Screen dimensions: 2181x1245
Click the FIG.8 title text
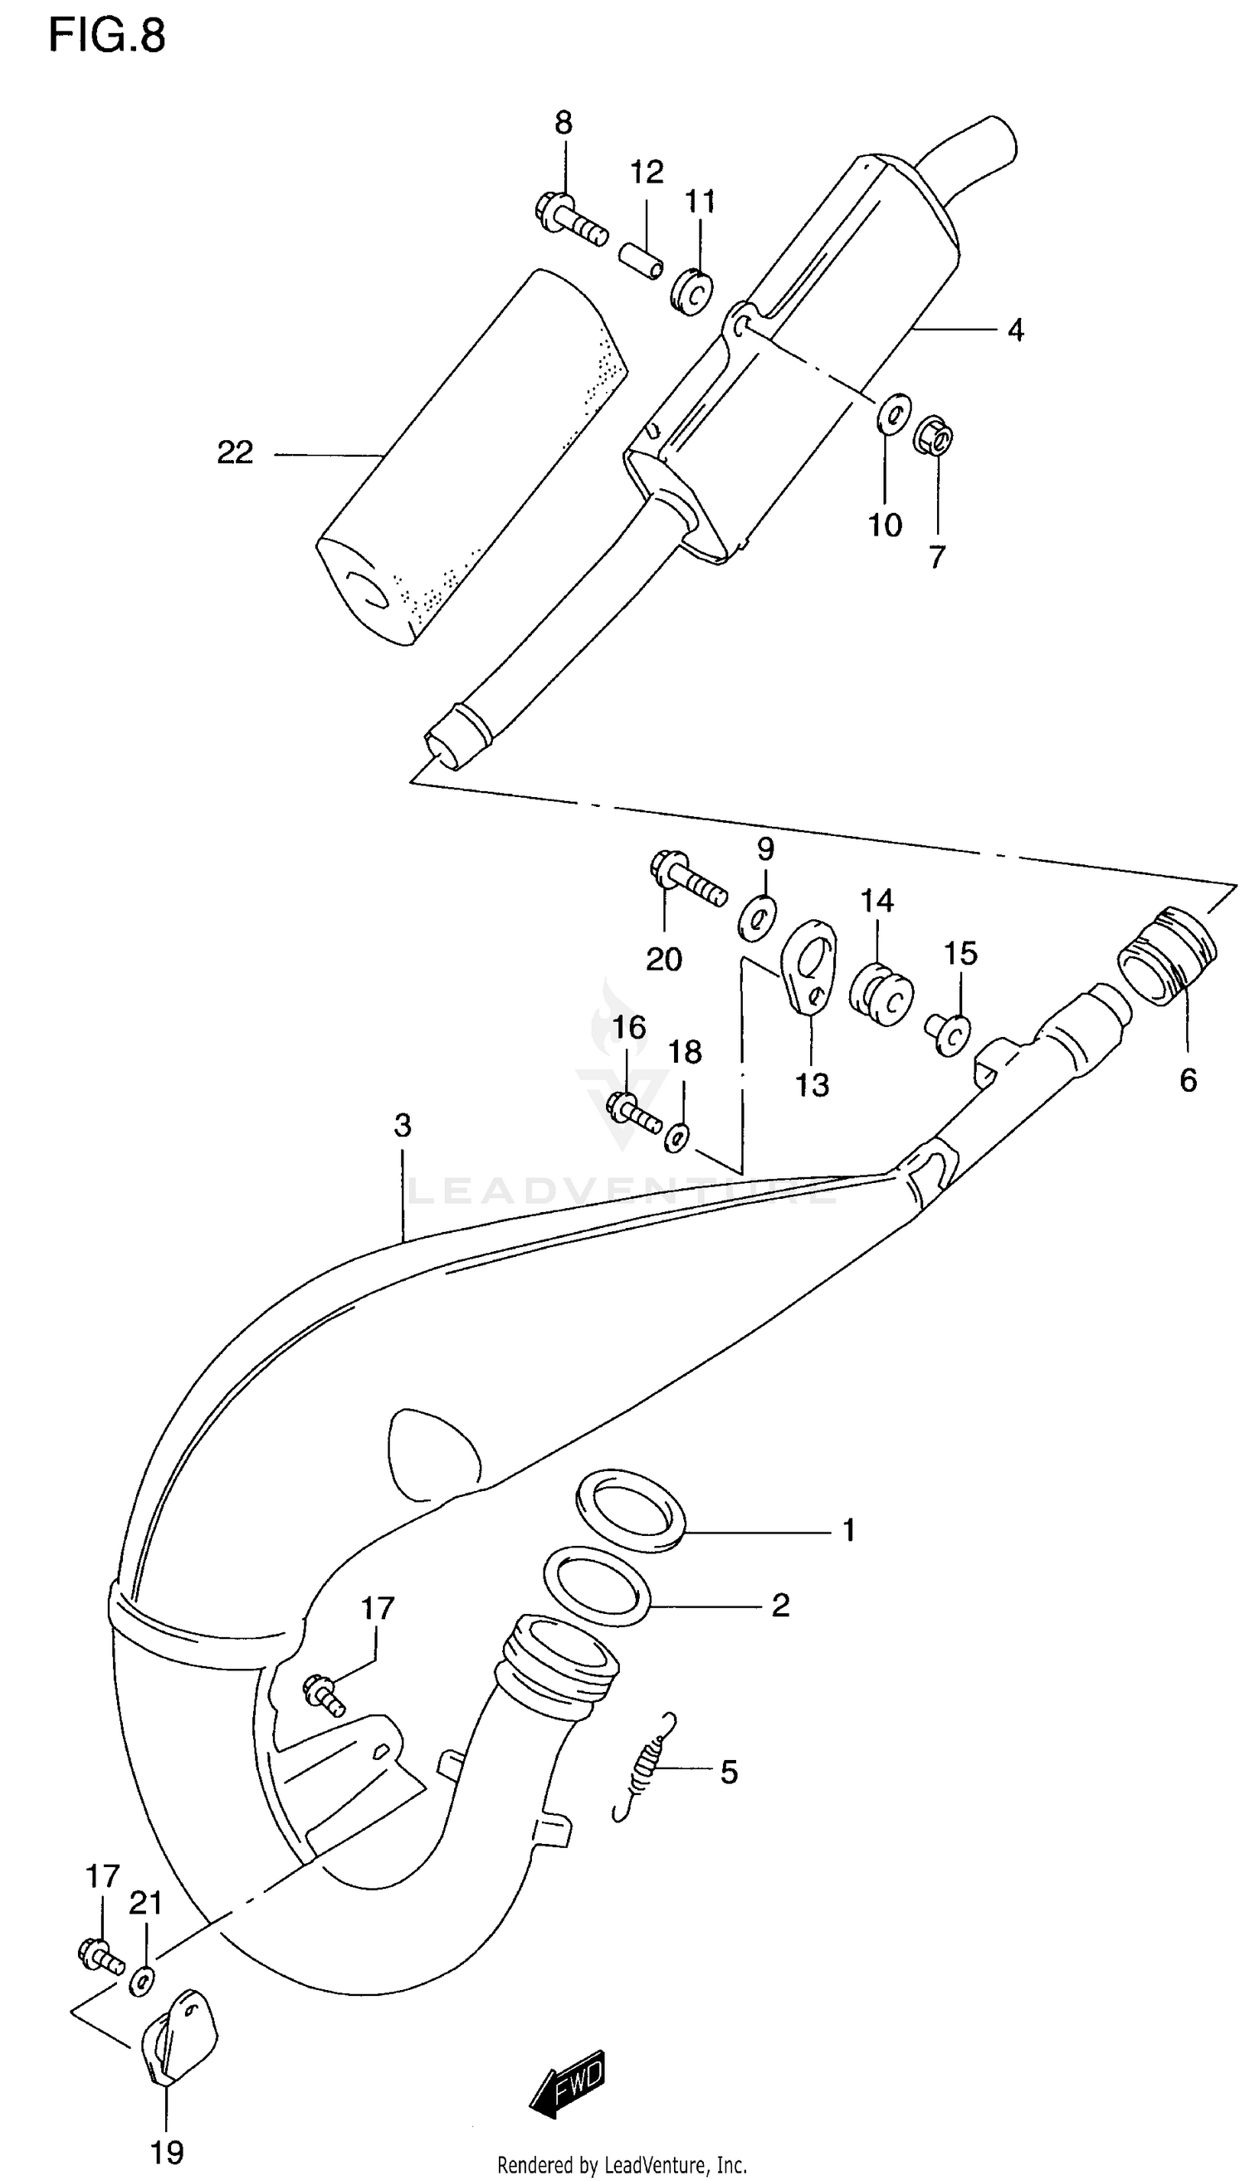(x=106, y=36)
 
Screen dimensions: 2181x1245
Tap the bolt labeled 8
(x=570, y=219)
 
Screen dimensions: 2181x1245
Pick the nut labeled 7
(x=934, y=436)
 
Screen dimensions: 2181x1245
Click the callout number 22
(x=235, y=452)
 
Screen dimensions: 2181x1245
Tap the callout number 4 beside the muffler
(x=1015, y=330)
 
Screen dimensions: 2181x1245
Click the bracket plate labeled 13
(x=809, y=966)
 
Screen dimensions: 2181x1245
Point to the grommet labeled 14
(x=881, y=995)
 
